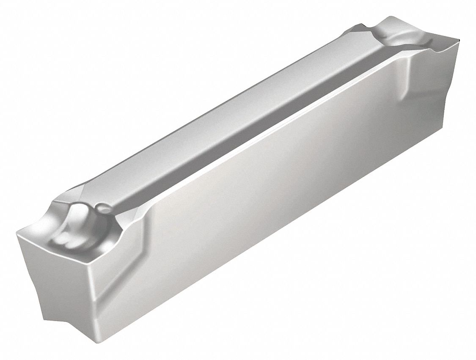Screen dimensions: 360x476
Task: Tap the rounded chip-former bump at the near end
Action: (x=80, y=220)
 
